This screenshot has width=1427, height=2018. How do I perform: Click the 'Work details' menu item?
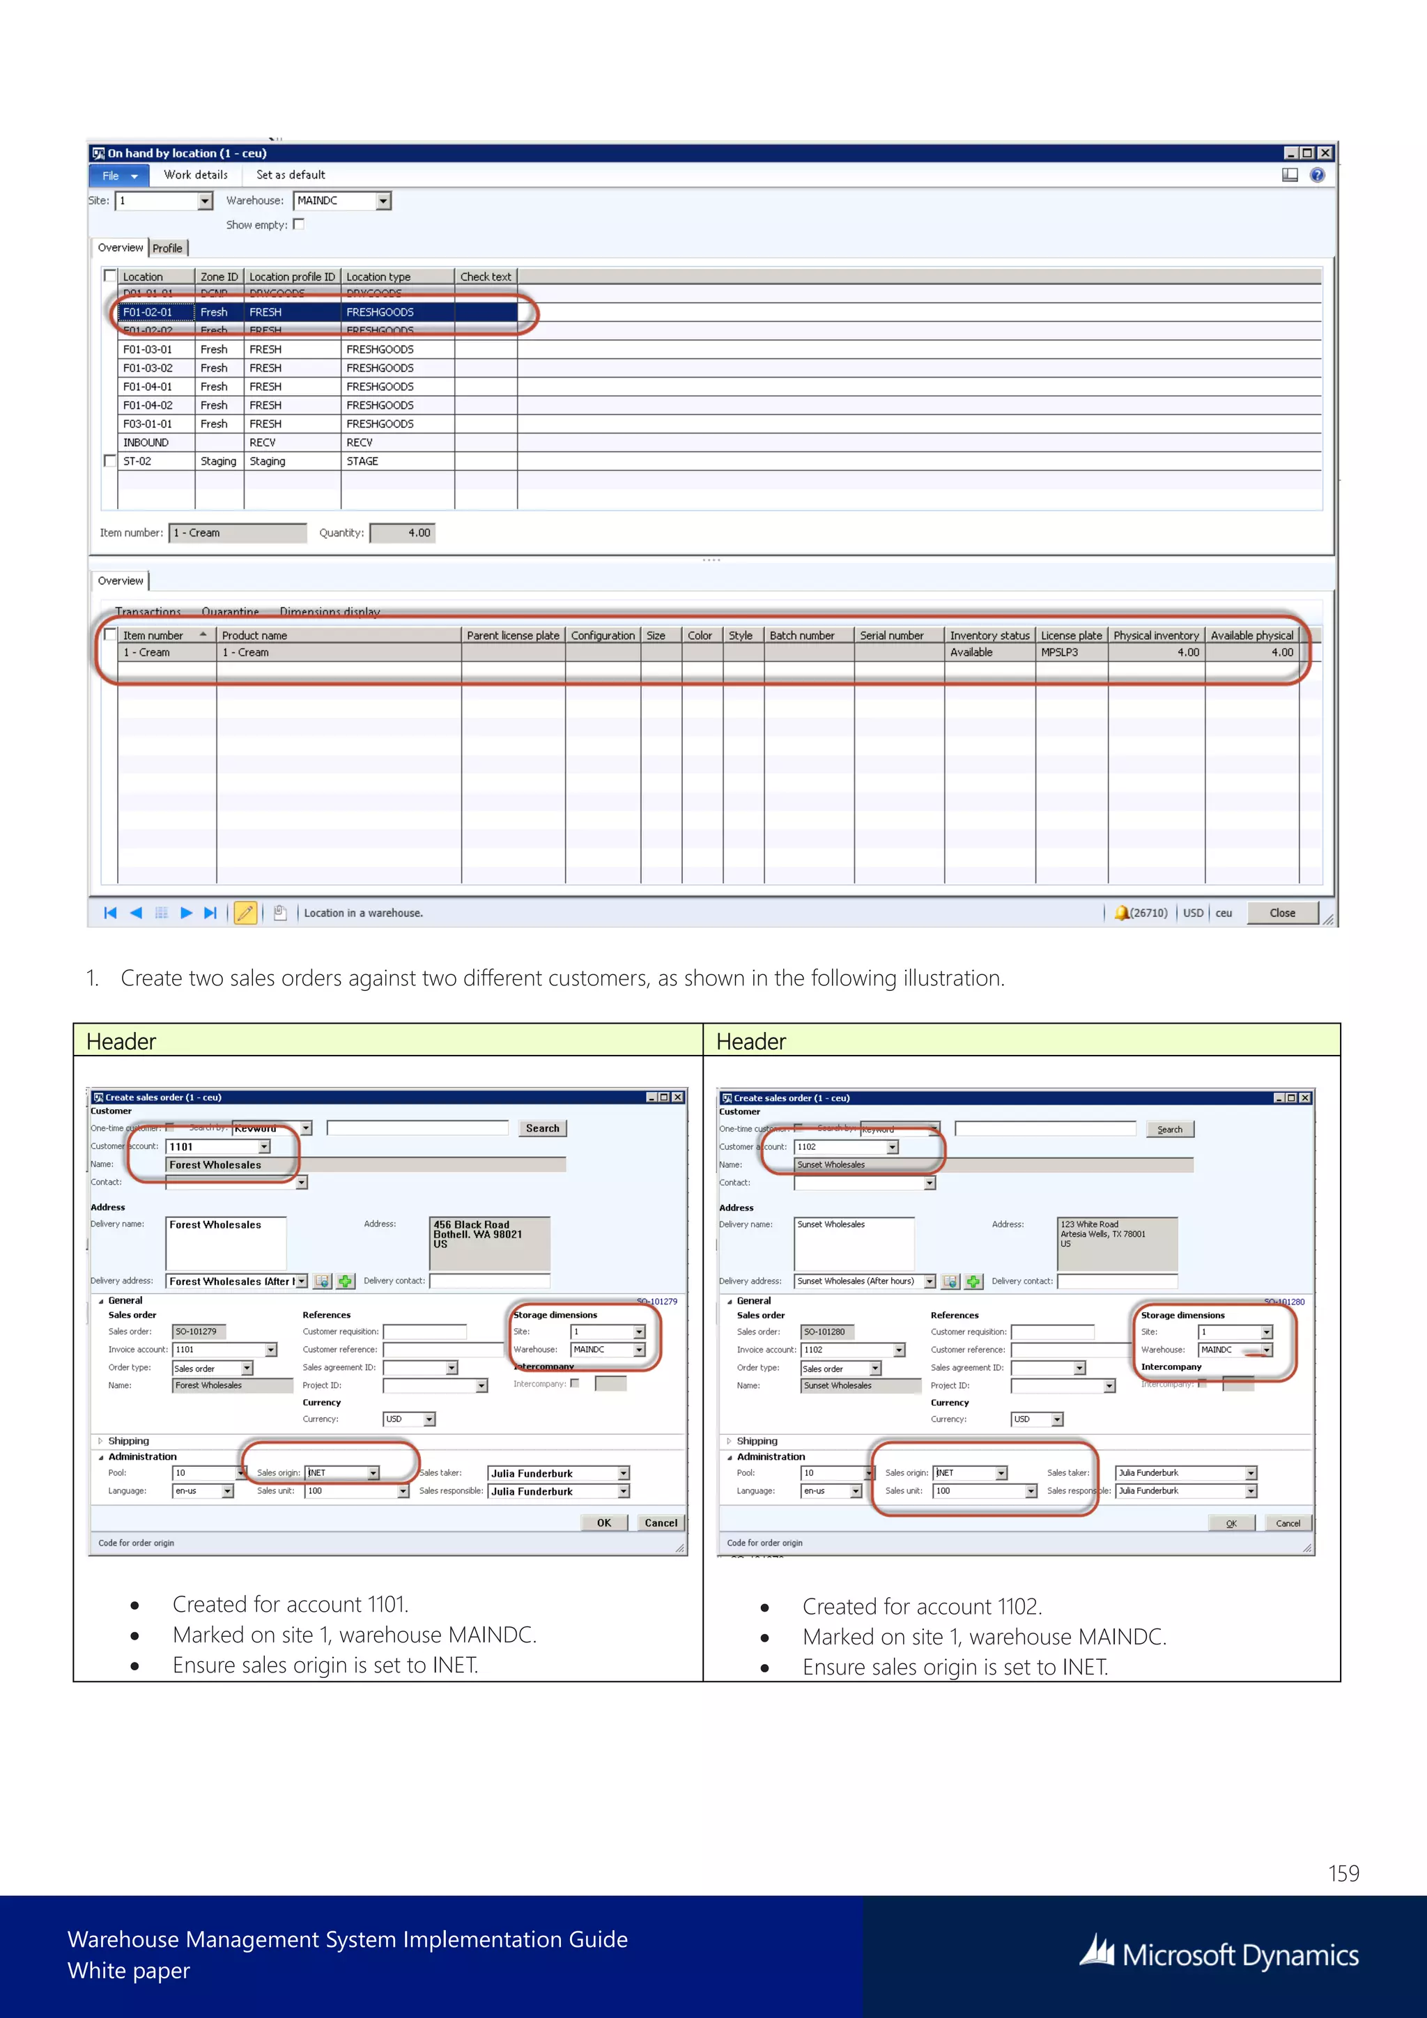[195, 175]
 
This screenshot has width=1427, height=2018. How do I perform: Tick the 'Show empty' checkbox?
[299, 224]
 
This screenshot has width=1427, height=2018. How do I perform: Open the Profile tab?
[168, 248]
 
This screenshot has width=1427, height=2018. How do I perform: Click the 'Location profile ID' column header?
[292, 276]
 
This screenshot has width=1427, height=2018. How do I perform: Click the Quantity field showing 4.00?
[403, 532]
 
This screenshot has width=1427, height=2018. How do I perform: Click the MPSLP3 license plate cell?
[1060, 652]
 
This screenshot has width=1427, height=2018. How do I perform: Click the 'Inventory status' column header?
[989, 636]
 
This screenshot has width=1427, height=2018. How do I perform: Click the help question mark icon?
[1316, 175]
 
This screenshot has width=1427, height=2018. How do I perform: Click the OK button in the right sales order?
[1231, 1523]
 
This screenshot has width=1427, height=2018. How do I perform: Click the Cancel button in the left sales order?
[661, 1523]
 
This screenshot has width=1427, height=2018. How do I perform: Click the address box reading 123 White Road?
[1116, 1242]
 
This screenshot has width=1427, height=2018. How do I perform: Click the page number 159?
[1343, 1873]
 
